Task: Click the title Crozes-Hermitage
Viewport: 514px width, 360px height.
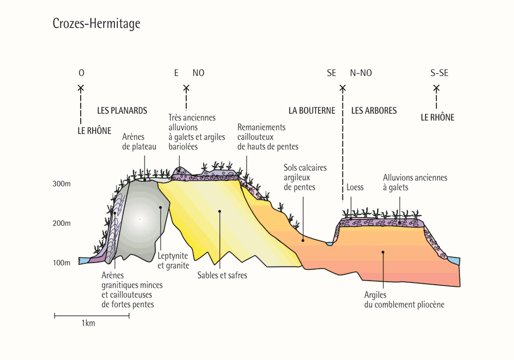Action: pyautogui.click(x=96, y=24)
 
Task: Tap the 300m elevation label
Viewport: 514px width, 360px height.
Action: pyautogui.click(x=61, y=184)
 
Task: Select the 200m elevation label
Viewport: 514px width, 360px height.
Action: pyautogui.click(x=61, y=224)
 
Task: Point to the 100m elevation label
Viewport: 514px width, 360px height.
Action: pyautogui.click(x=61, y=263)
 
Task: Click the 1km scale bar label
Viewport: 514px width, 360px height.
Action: pyautogui.click(x=88, y=323)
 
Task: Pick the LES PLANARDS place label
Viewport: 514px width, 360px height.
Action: pyautogui.click(x=122, y=110)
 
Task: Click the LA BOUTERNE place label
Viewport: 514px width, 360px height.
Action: pyautogui.click(x=312, y=110)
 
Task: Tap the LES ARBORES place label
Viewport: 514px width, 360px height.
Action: pyautogui.click(x=374, y=110)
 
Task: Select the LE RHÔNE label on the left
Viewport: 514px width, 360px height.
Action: pyautogui.click(x=94, y=131)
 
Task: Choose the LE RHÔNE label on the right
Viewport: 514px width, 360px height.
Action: pyautogui.click(x=437, y=117)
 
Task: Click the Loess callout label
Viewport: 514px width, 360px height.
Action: pyautogui.click(x=355, y=188)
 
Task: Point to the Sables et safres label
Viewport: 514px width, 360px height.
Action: pyautogui.click(x=222, y=275)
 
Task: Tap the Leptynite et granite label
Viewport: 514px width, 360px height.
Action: pyautogui.click(x=173, y=261)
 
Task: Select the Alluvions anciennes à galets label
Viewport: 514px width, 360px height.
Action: pyautogui.click(x=415, y=182)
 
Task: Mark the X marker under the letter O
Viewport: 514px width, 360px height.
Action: pyautogui.click(x=81, y=88)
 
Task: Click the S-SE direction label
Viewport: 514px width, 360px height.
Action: pyautogui.click(x=439, y=73)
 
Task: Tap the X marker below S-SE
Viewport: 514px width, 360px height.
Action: pyautogui.click(x=436, y=88)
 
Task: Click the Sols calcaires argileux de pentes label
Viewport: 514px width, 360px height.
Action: pyautogui.click(x=305, y=177)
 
